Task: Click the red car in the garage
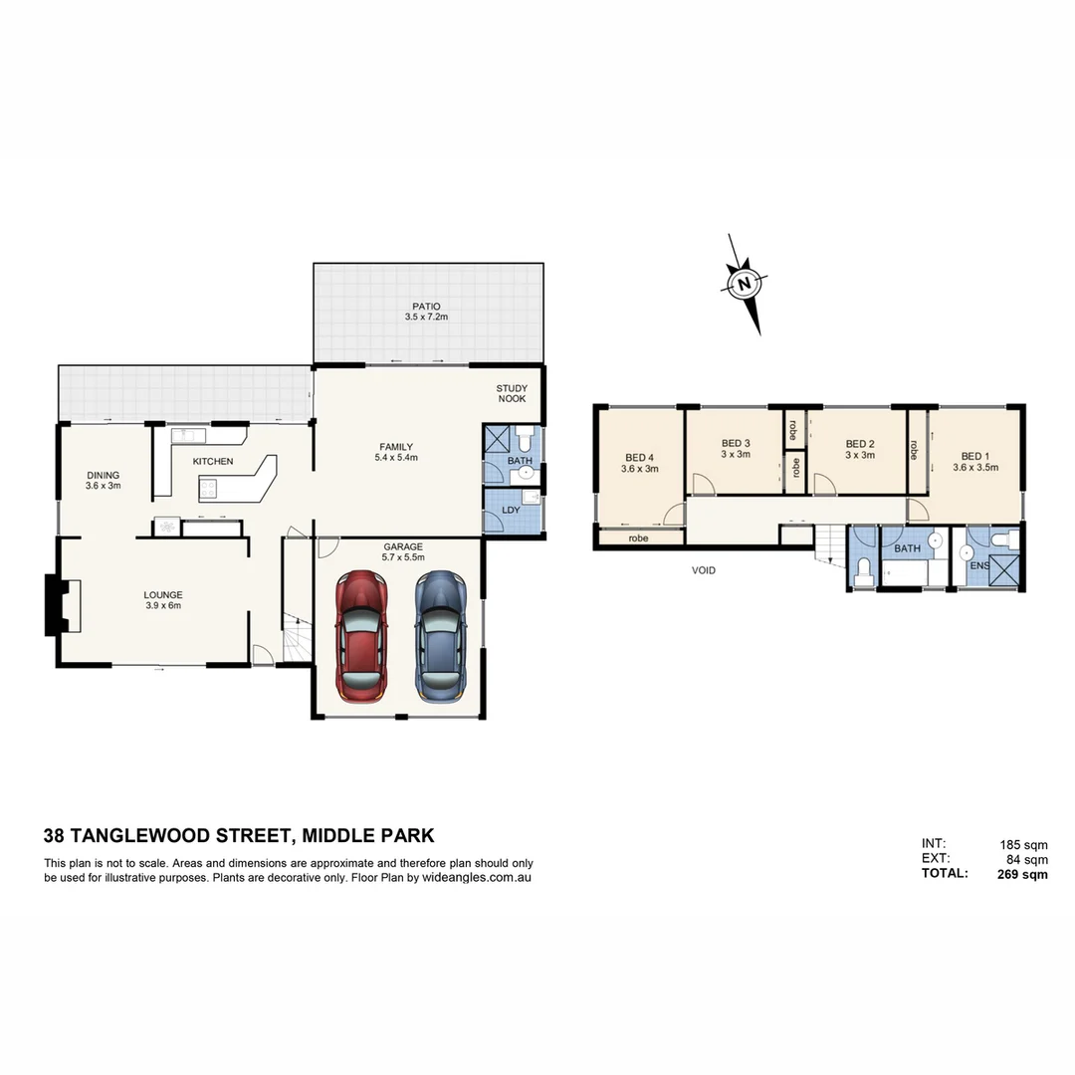pos(360,637)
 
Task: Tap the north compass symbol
pos(744,284)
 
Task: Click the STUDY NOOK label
pos(512,394)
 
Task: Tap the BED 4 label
pos(640,457)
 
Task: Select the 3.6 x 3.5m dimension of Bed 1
pos(975,467)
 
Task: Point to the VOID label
pos(704,571)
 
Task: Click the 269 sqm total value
pos(1022,875)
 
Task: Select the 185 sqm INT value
pos(1023,845)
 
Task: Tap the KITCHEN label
pos(213,462)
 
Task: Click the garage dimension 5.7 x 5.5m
pos(403,557)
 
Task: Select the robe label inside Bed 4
pos(638,538)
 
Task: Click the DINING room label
pos(103,475)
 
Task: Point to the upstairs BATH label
pos(907,548)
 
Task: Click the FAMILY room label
pos(395,447)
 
